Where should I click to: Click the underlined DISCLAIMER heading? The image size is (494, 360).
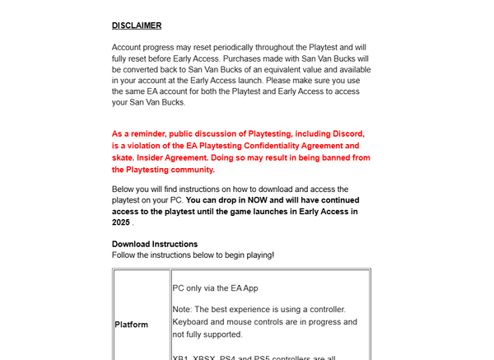137,26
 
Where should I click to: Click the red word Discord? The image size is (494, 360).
343,133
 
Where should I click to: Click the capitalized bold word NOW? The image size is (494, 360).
254,200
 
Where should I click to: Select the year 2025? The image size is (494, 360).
121,222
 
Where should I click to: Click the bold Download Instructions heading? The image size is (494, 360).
155,244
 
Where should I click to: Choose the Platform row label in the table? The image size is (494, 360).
132,325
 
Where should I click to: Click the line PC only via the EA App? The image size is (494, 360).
216,288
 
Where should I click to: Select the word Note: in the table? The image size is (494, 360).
182,310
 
